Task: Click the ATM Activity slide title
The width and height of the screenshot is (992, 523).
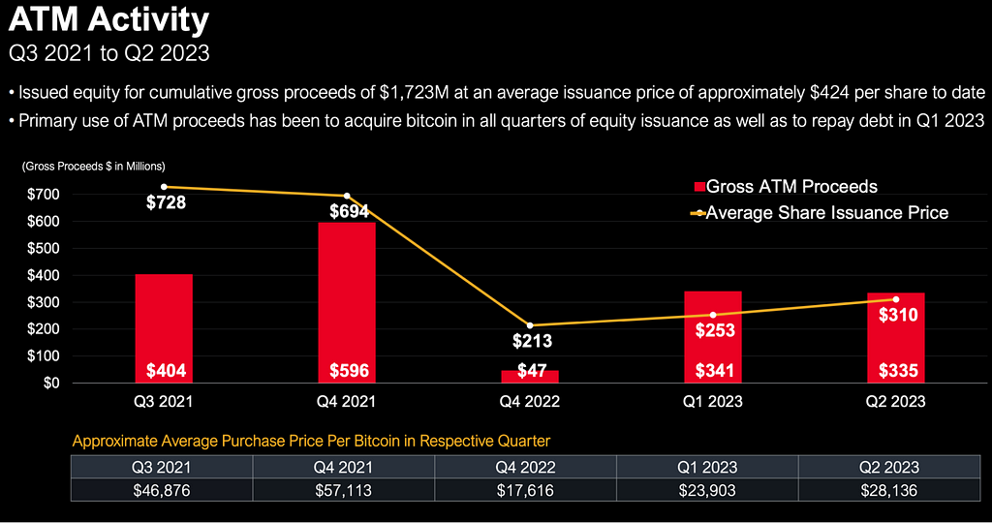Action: point(108,19)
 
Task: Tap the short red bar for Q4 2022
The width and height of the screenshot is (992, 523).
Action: point(530,376)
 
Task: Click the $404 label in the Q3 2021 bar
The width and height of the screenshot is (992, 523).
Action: point(164,371)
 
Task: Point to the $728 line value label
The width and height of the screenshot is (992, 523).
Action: point(166,203)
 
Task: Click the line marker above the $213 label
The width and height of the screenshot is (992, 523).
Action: point(530,325)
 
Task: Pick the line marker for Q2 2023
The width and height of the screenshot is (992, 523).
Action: point(896,299)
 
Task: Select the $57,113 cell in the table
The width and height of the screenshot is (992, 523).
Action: point(344,490)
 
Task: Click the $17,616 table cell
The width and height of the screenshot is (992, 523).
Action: point(526,490)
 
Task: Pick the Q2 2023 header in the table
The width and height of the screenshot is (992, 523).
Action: point(892,467)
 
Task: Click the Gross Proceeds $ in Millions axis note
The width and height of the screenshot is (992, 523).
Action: point(93,167)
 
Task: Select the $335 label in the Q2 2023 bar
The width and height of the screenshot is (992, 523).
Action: point(896,371)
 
